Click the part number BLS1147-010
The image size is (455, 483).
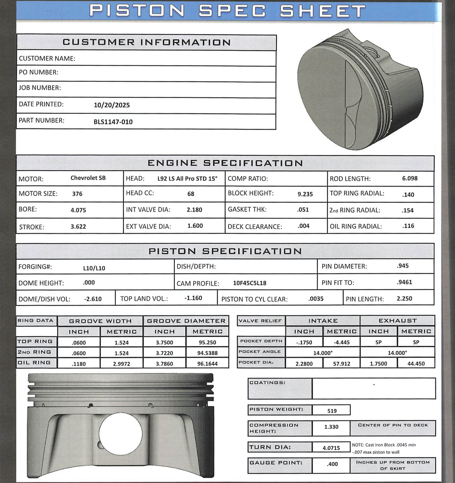pyautogui.click(x=113, y=122)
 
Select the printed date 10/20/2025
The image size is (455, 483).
pyautogui.click(x=111, y=105)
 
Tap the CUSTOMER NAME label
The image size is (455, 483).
pyautogui.click(x=47, y=58)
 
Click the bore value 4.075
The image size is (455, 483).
pyautogui.click(x=78, y=210)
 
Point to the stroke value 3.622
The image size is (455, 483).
pyautogui.click(x=78, y=227)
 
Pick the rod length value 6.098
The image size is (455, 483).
pyautogui.click(x=410, y=178)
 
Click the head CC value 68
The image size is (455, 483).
pyautogui.click(x=191, y=194)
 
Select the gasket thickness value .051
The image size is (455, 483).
pyautogui.click(x=303, y=210)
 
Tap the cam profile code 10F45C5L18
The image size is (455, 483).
pyautogui.click(x=250, y=283)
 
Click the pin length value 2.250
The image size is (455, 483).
pyautogui.click(x=404, y=298)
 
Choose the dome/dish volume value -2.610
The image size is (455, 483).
pyautogui.click(x=93, y=299)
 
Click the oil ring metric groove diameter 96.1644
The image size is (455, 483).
pyautogui.click(x=207, y=364)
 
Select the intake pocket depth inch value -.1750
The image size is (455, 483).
pyautogui.click(x=304, y=342)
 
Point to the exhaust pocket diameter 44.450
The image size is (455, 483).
pyautogui.click(x=416, y=364)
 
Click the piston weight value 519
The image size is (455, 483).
pyautogui.click(x=332, y=411)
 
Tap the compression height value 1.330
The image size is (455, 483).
pyautogui.click(x=331, y=427)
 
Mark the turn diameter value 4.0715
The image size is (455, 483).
pyautogui.click(x=331, y=448)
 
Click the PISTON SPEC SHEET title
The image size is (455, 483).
pyautogui.click(x=227, y=11)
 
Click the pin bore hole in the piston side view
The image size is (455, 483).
pyautogui.click(x=120, y=434)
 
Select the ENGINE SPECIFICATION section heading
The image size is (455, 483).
pyautogui.click(x=225, y=163)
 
